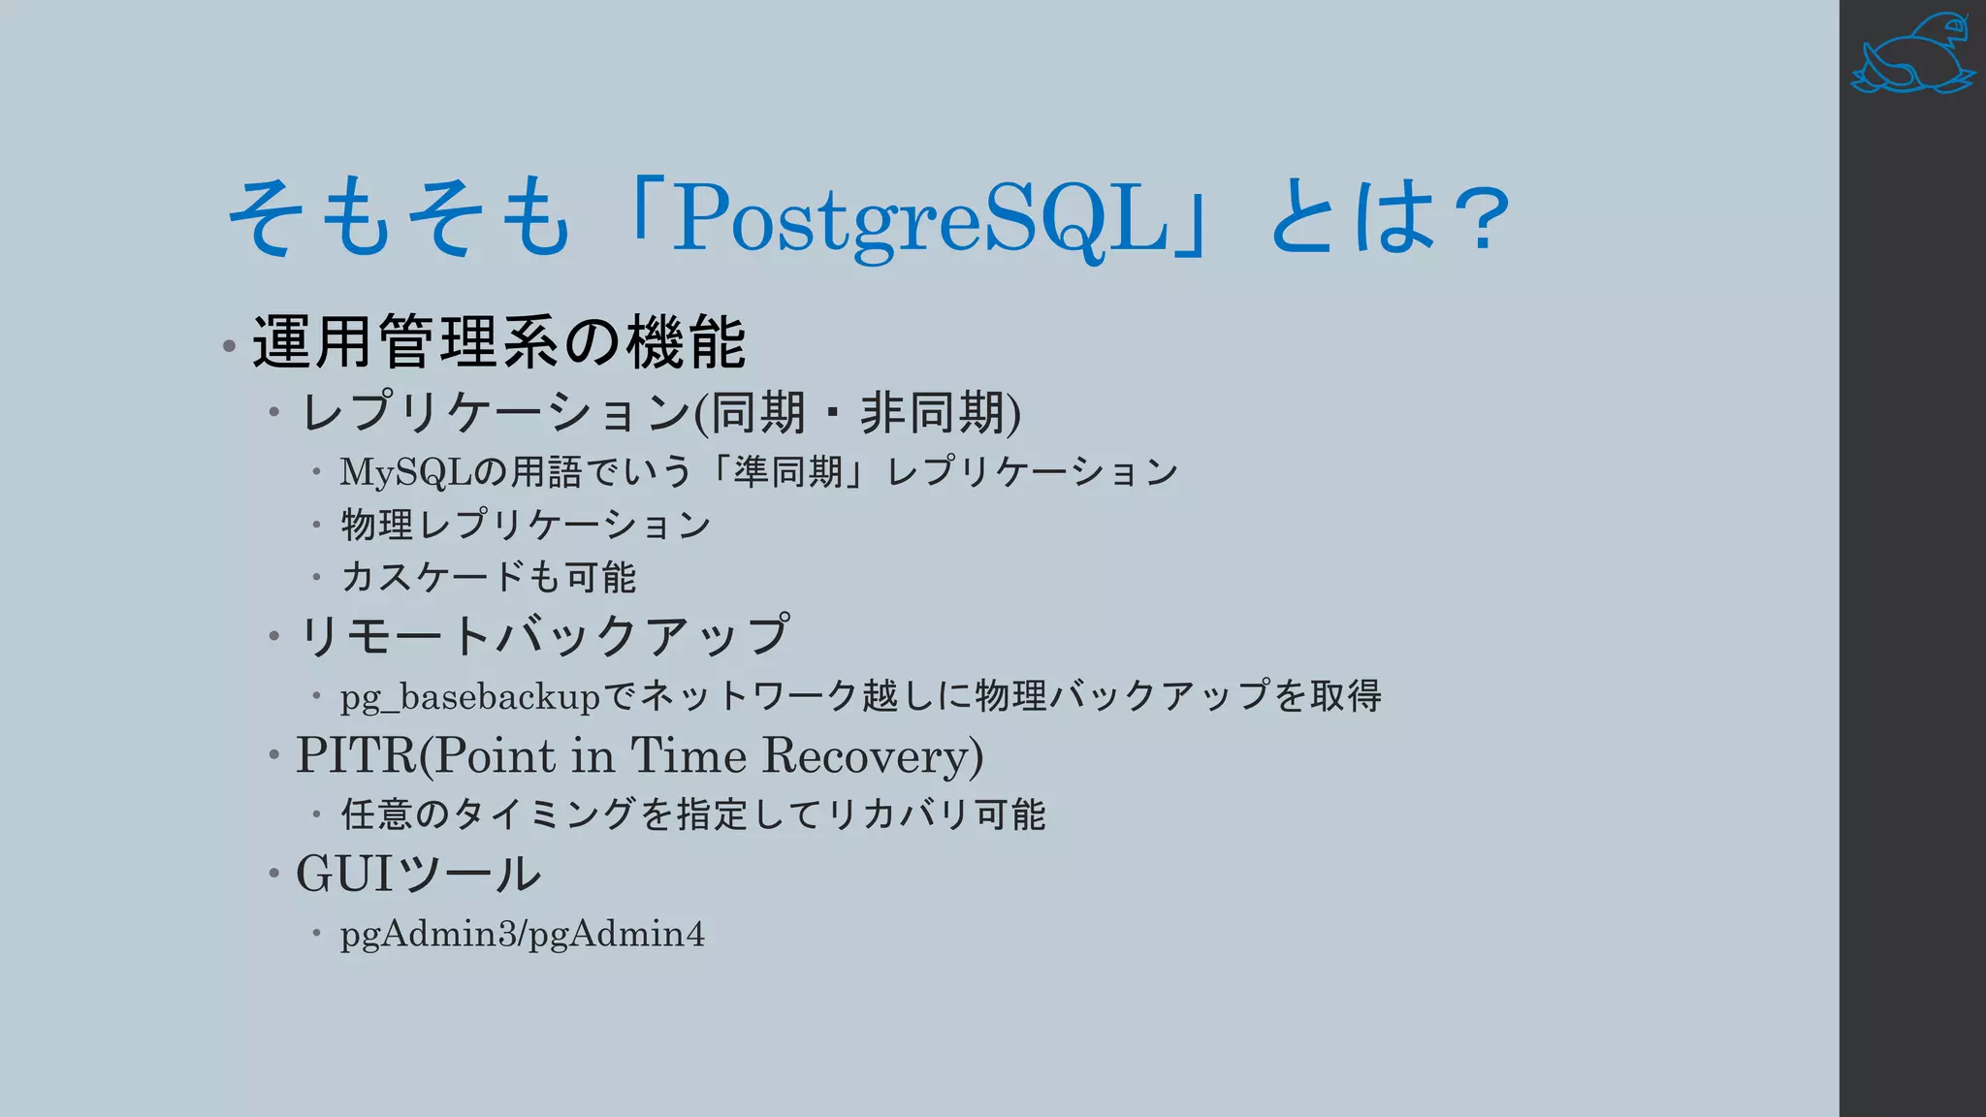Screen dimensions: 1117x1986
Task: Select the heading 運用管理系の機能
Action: pyautogui.click(x=498, y=342)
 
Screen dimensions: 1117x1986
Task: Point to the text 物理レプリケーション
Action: pyautogui.click(x=526, y=525)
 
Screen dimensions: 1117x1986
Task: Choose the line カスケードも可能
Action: pyautogui.click(x=488, y=577)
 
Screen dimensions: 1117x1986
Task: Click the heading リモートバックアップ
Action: pyautogui.click(x=543, y=636)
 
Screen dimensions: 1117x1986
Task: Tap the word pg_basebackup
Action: pyautogui.click(x=469, y=697)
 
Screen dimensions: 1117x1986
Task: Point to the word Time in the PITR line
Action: pyautogui.click(x=688, y=755)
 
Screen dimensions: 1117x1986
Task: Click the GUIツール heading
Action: pyautogui.click(x=418, y=874)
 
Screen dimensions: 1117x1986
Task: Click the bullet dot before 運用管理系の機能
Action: pyautogui.click(x=229, y=346)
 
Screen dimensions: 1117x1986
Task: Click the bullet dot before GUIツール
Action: pyautogui.click(x=274, y=874)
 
